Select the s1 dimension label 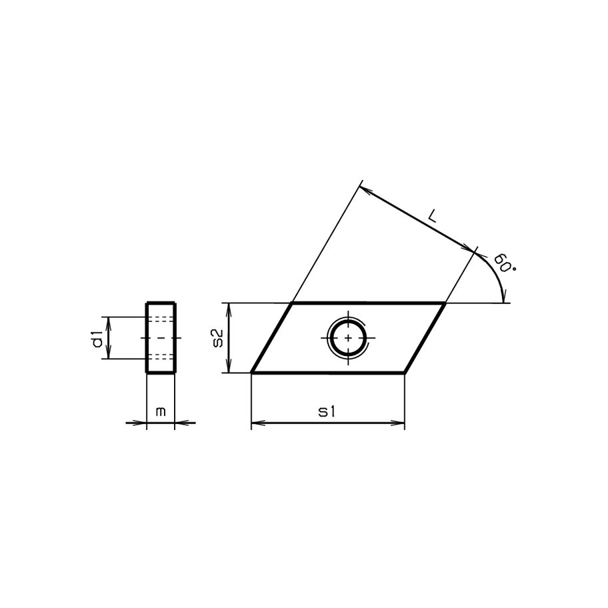(x=326, y=413)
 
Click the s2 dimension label (x=217, y=337)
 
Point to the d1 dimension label (x=98, y=338)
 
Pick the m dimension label (x=160, y=413)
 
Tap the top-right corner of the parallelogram (x=445, y=303)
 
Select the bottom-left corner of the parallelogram (x=251, y=372)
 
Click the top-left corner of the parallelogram (x=291, y=303)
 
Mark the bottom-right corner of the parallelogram (x=405, y=372)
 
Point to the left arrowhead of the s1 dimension (x=256, y=423)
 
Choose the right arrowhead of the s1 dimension (x=400, y=423)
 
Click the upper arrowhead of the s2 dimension (x=229, y=308)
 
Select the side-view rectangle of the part (x=161, y=337)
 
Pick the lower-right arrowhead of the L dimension (x=474, y=249)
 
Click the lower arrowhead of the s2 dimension (x=229, y=367)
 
